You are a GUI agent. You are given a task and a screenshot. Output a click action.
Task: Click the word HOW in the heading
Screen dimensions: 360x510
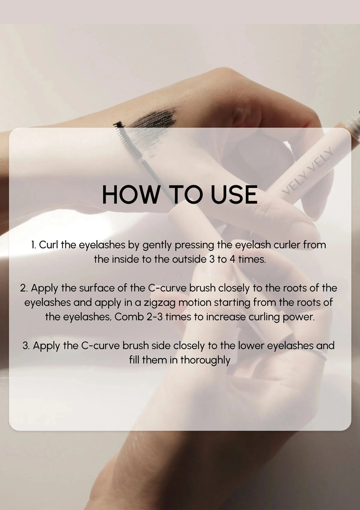tap(131, 194)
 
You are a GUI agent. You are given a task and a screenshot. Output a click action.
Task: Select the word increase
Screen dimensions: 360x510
tap(226, 317)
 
